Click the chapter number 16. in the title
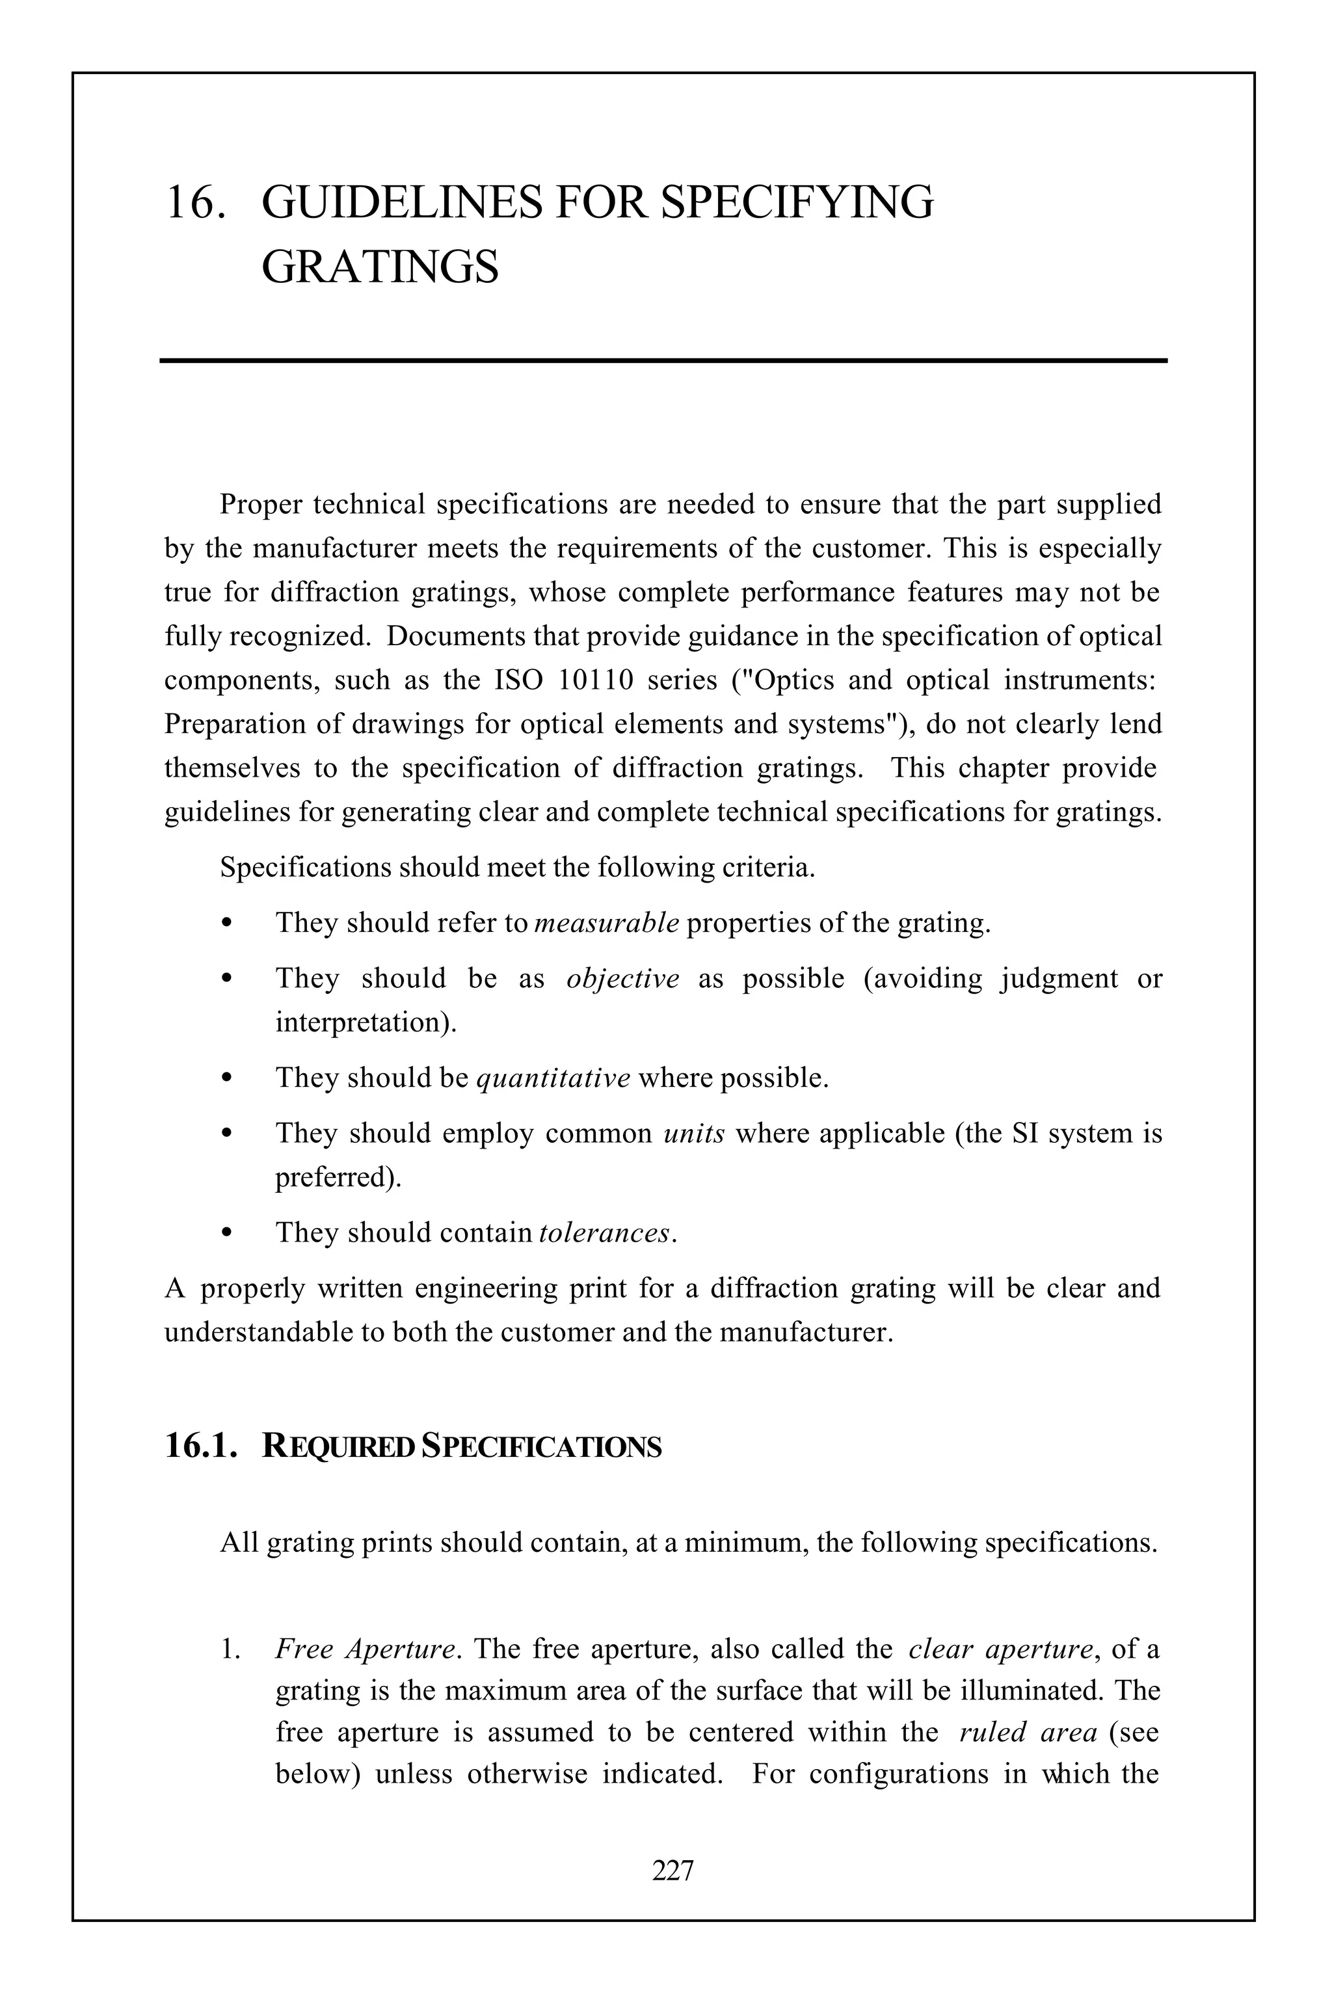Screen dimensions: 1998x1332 195,204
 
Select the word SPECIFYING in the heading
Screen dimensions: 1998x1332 796,204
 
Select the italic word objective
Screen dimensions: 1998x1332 622,979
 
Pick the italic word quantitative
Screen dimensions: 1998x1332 553,1078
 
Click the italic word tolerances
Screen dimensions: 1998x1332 604,1232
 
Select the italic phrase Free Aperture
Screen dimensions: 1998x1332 366,1649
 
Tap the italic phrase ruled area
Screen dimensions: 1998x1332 1028,1732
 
